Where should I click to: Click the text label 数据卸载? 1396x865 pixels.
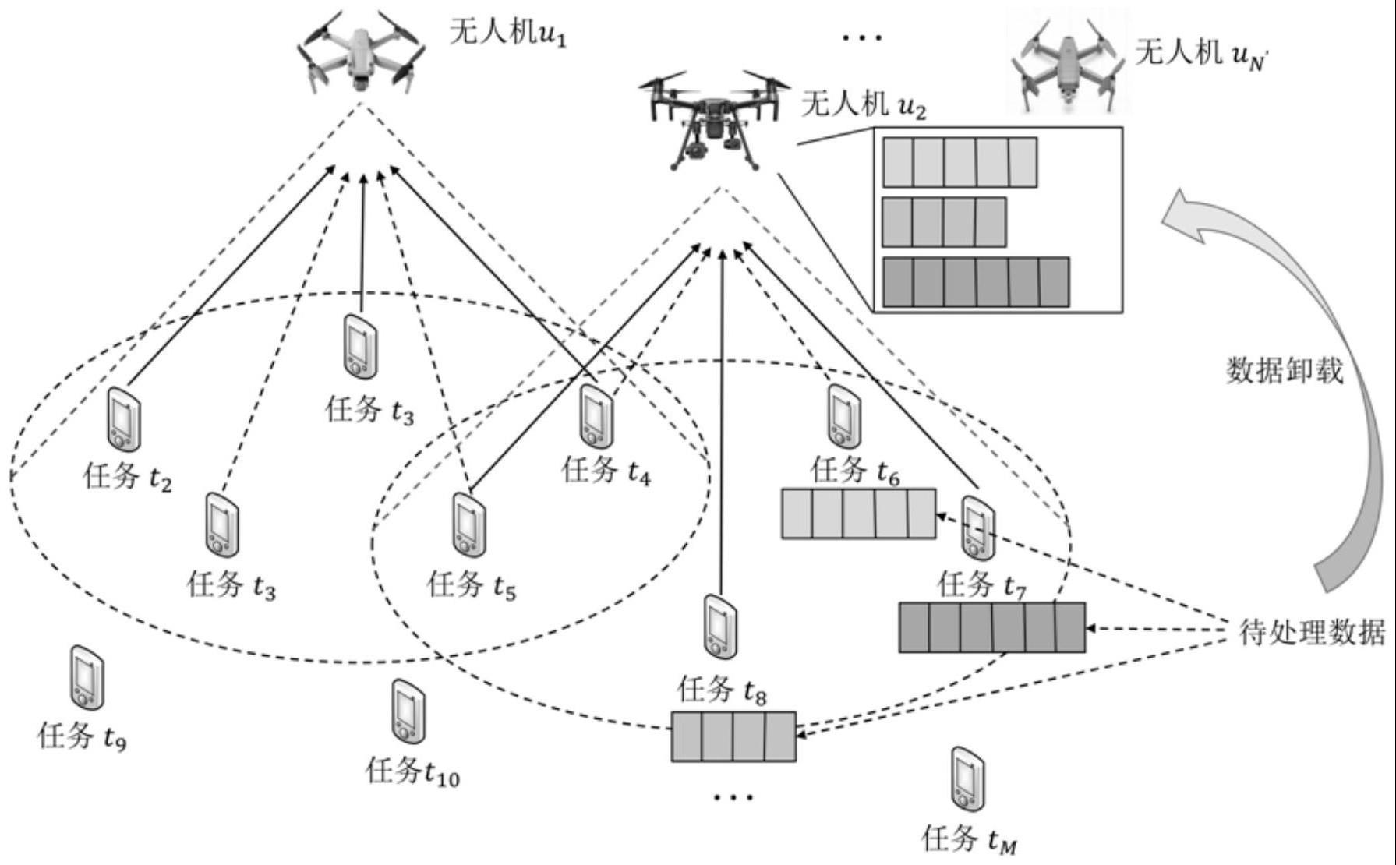coord(1285,370)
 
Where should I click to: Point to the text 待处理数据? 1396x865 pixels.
coord(1312,632)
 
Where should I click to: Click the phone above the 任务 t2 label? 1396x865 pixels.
coord(123,418)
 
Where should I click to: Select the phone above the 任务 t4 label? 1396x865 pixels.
coord(597,415)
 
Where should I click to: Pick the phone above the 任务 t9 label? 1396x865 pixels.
coord(87,677)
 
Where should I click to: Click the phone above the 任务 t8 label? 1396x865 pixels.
coord(720,626)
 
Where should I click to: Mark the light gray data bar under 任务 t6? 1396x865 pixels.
coord(858,514)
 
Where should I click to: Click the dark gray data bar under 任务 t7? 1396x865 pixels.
coord(991,627)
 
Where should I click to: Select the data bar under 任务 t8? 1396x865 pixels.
coord(733,736)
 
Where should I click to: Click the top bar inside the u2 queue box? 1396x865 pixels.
coord(960,162)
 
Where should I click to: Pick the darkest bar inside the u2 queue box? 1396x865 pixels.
coord(976,282)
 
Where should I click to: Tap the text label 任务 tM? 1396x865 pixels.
coord(969,839)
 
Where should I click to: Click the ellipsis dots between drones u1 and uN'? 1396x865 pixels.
coord(863,37)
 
